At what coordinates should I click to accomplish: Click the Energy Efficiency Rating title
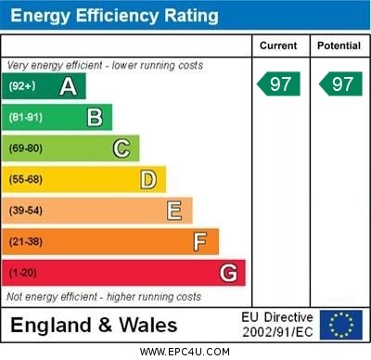pos(113,16)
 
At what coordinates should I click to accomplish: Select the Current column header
pos(278,45)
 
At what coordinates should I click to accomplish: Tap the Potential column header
pos(339,45)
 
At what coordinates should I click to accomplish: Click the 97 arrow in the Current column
pos(280,84)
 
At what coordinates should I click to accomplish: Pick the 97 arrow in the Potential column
pos(340,84)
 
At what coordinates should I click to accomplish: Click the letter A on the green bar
pos(68,86)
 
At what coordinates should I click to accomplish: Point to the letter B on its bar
pos(95,117)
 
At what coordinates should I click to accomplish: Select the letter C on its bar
pos(122,148)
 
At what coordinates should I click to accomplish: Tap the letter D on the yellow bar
pos(148,179)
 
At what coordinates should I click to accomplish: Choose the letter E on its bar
pos(174,211)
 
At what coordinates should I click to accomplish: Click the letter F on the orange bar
pos(200,242)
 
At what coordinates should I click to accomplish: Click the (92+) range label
pos(22,86)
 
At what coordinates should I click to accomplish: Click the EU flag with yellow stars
pos(340,325)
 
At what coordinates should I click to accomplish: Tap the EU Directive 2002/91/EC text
pos(277,325)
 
